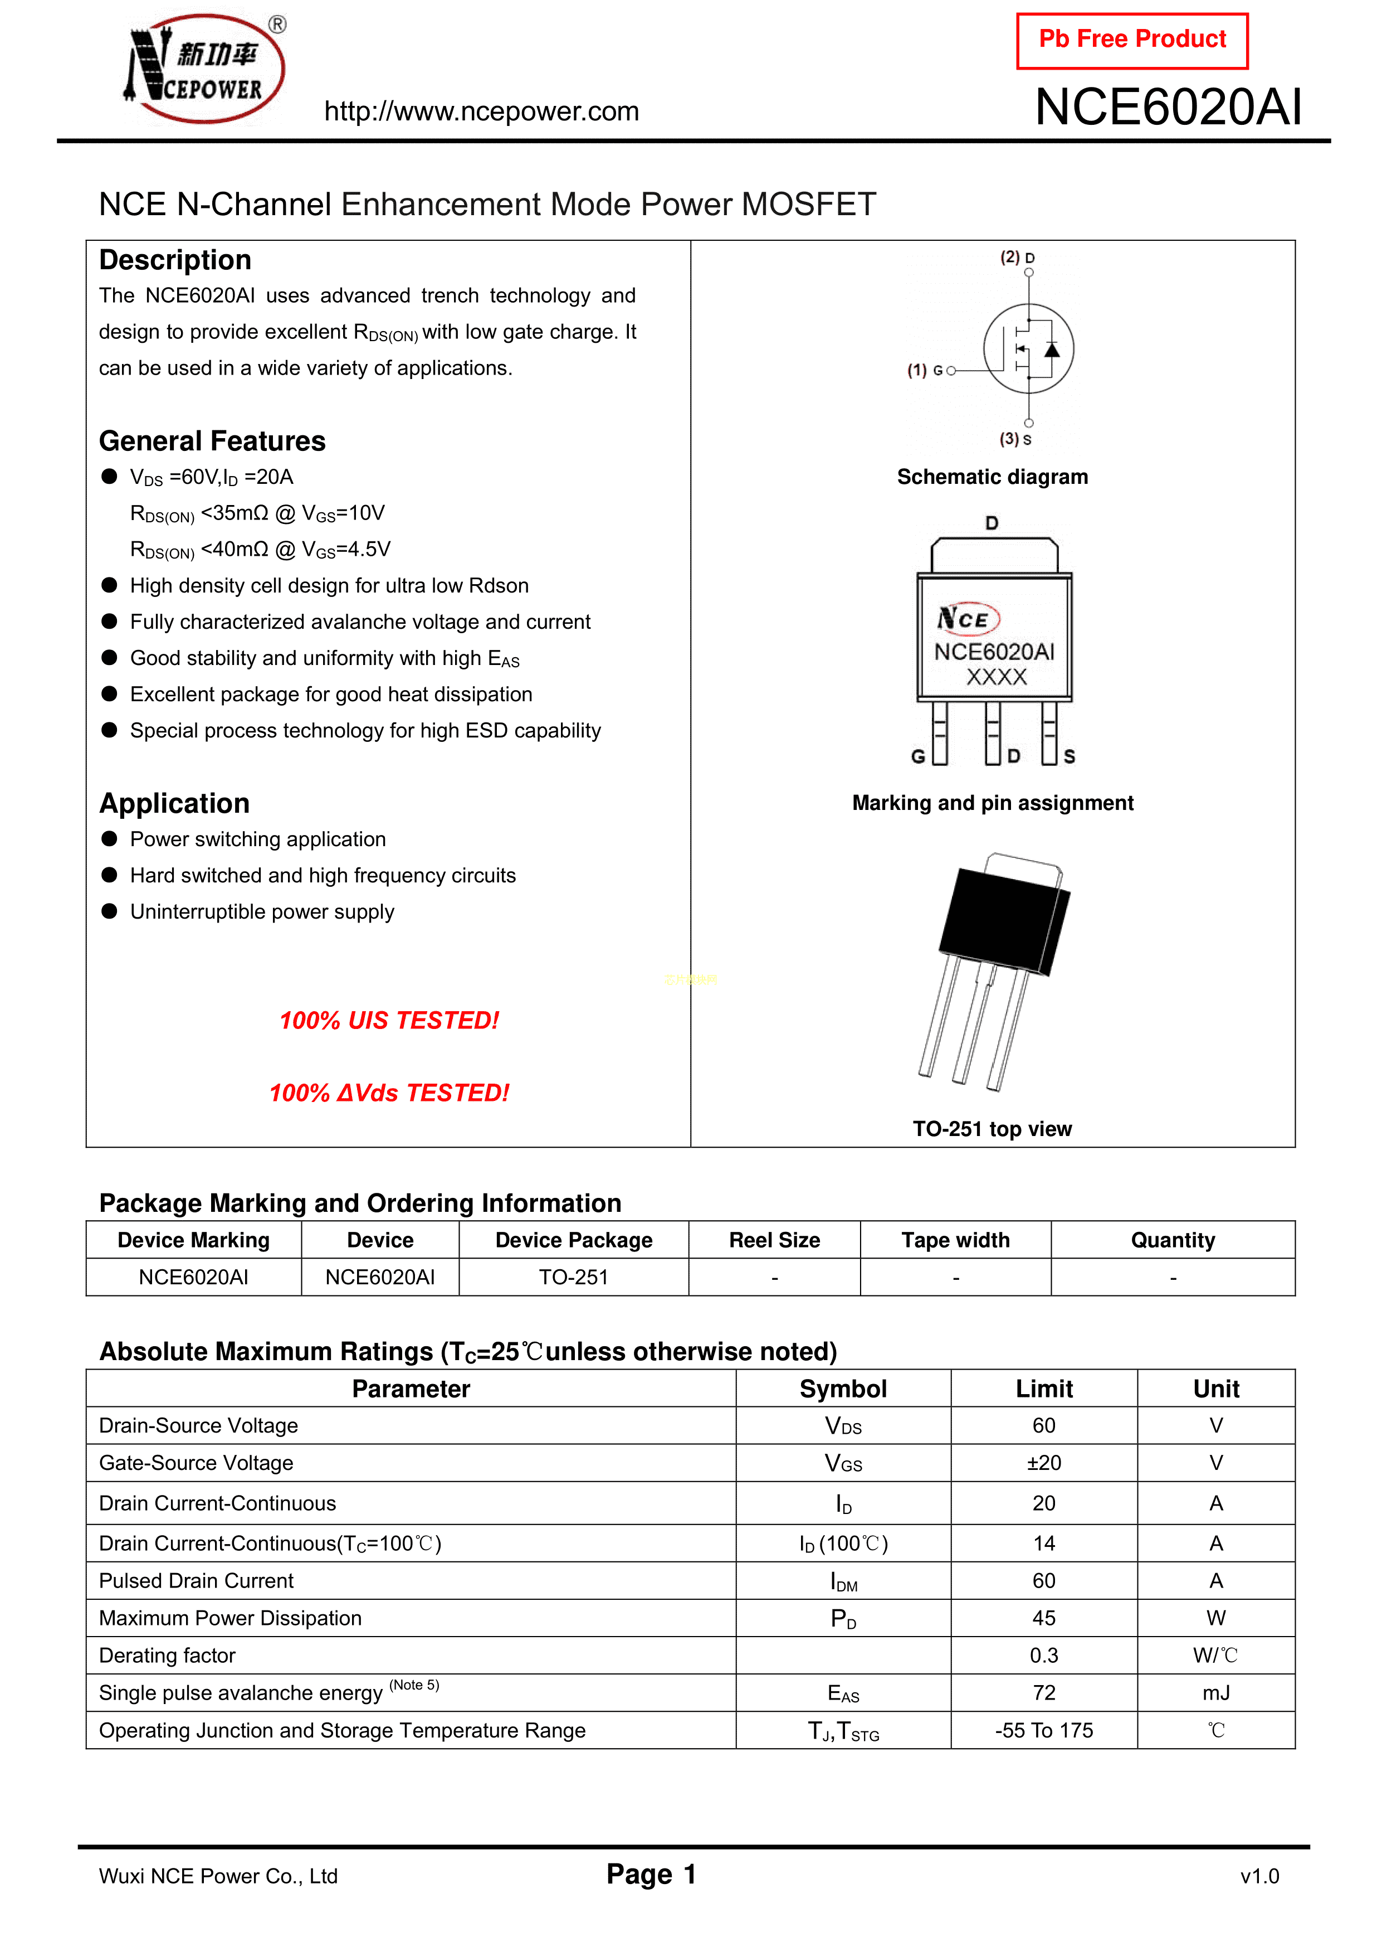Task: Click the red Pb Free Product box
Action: [x=1132, y=40]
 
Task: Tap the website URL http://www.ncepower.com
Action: [x=481, y=111]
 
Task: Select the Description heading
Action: [x=175, y=260]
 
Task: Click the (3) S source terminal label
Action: [x=1015, y=440]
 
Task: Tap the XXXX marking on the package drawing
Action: [x=997, y=677]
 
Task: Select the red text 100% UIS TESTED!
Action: [x=389, y=1021]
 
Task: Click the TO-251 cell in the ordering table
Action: [x=573, y=1277]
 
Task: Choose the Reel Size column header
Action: [x=774, y=1240]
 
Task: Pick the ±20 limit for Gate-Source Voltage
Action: [x=1043, y=1463]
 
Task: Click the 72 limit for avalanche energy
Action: [x=1043, y=1693]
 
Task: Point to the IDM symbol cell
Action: [x=843, y=1581]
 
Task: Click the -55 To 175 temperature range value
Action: [x=1043, y=1730]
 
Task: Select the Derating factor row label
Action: [x=167, y=1656]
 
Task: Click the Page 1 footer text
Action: [x=651, y=1874]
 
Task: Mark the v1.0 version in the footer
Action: [x=1259, y=1876]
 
